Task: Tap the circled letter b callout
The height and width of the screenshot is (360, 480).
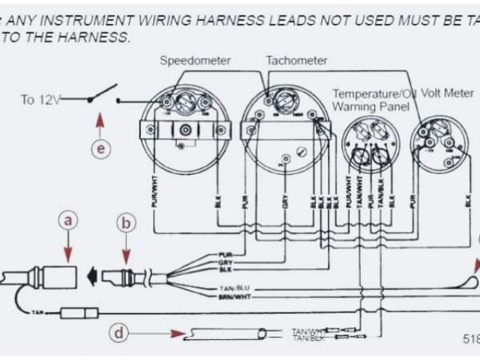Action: (126, 222)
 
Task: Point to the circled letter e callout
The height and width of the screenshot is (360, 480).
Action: (100, 148)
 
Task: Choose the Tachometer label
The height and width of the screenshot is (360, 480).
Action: (296, 60)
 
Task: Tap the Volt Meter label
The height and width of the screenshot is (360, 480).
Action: (447, 93)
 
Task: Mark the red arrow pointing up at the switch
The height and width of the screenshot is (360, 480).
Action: (100, 121)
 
